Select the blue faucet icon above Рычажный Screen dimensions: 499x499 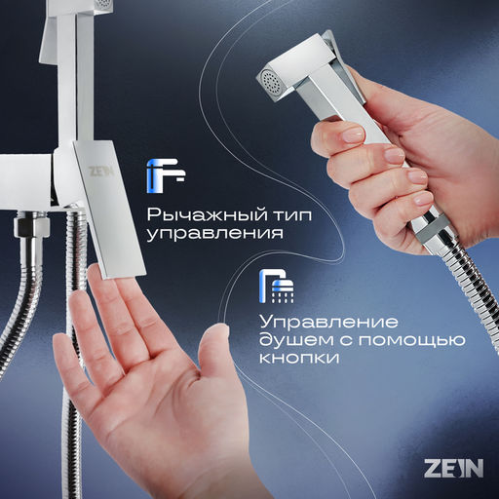click(163, 175)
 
